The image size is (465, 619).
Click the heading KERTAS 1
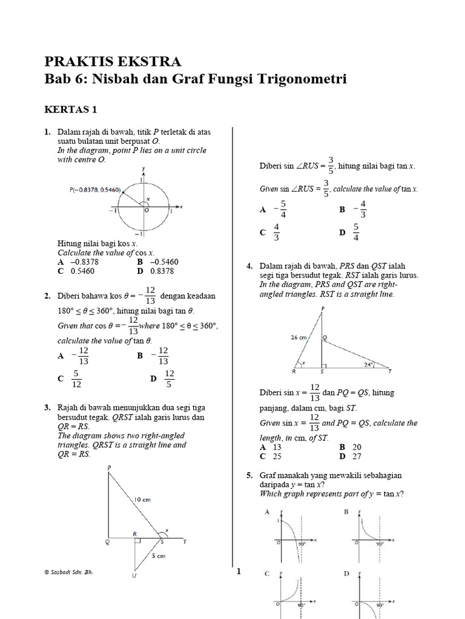[71, 109]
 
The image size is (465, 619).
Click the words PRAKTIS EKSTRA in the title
[113, 61]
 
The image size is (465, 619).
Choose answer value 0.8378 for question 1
[162, 271]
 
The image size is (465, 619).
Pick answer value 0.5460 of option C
[83, 271]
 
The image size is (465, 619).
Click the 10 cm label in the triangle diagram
[142, 499]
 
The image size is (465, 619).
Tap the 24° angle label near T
[369, 365]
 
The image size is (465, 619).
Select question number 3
[47, 408]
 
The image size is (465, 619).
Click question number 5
[249, 476]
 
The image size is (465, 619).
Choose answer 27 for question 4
[357, 456]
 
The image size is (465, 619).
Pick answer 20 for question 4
[357, 447]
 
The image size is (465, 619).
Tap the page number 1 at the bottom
[239, 571]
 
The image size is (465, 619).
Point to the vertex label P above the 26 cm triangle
[322, 308]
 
